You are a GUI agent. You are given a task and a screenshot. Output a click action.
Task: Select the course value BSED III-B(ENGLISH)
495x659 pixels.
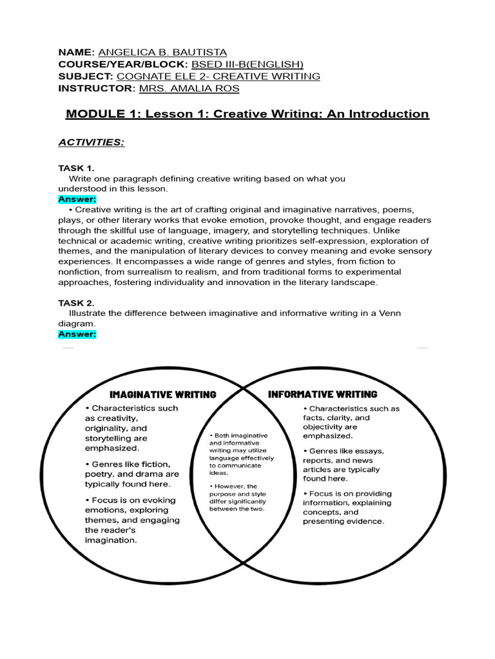coord(247,64)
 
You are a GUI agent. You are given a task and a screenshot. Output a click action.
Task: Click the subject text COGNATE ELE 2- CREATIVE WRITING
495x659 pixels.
coord(218,77)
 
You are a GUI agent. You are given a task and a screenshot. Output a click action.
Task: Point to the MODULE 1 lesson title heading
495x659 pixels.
coord(247,114)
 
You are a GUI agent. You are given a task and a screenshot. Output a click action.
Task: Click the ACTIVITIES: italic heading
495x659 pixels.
coord(91,142)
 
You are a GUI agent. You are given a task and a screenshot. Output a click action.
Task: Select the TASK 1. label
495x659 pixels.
coord(76,168)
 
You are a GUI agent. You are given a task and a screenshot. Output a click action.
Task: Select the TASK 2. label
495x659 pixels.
coord(76,302)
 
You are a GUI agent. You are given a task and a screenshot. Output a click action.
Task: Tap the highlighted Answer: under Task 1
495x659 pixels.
coord(77,200)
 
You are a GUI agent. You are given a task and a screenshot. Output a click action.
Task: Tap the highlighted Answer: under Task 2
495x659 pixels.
coord(77,334)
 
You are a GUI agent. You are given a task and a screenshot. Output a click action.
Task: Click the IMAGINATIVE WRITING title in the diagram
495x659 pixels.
coord(163,394)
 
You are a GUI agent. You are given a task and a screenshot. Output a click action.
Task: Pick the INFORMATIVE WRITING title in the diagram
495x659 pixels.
coord(322,394)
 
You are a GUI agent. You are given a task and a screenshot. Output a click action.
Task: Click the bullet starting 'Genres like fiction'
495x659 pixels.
coord(128,474)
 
